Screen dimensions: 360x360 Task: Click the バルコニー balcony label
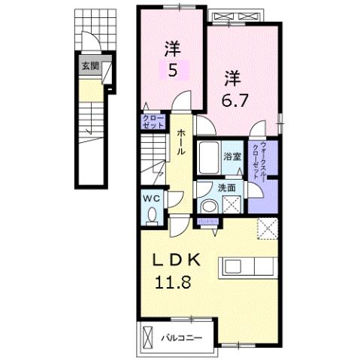(x=183, y=337)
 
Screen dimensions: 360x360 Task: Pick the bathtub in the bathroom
(x=210, y=158)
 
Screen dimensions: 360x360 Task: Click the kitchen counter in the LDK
(x=248, y=267)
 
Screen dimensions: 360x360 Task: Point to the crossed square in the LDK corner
(x=268, y=228)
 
